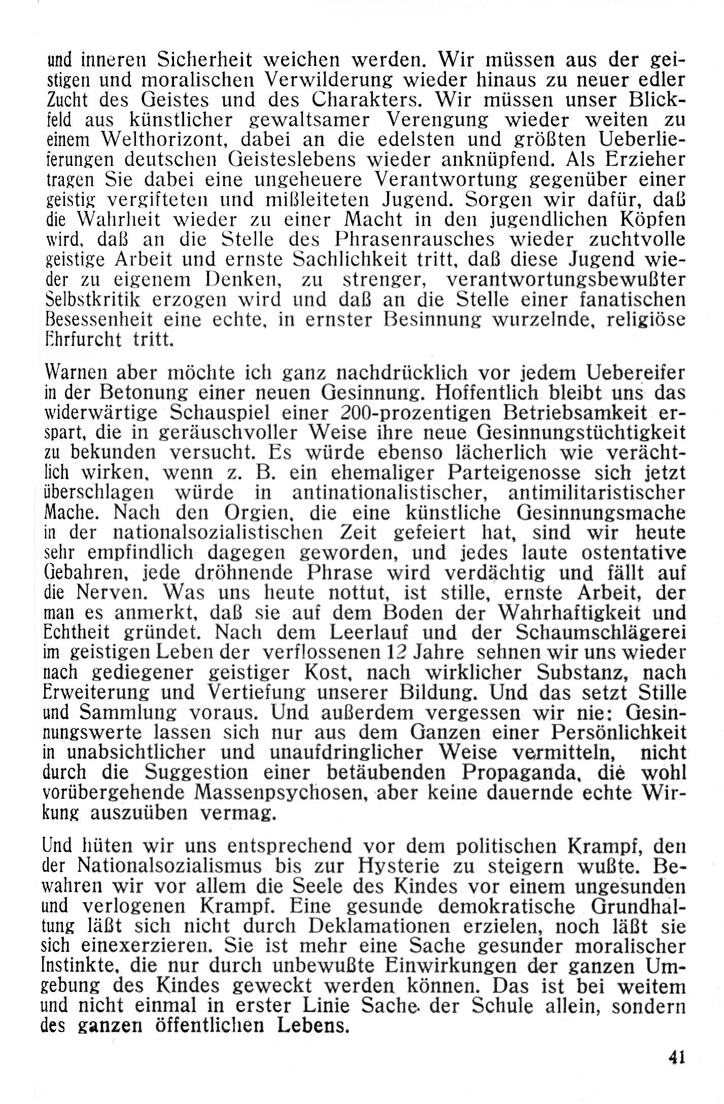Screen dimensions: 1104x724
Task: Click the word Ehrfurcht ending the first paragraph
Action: (82, 339)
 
